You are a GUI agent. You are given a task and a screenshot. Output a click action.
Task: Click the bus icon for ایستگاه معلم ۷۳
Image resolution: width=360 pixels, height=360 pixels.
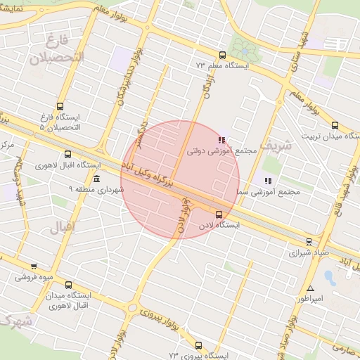[x=222, y=55]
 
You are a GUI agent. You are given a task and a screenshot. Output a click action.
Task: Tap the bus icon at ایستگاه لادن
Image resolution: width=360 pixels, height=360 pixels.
[x=219, y=214]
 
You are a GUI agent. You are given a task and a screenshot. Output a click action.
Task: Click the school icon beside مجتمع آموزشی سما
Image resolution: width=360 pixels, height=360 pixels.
[x=268, y=181]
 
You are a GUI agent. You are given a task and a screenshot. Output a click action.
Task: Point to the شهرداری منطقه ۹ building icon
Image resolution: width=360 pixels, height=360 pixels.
[x=96, y=180]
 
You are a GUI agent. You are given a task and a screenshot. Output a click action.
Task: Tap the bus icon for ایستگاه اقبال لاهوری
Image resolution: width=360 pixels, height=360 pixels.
[x=67, y=155]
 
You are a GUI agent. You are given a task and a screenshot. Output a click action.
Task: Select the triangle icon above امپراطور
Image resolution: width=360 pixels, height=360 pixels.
[x=310, y=288]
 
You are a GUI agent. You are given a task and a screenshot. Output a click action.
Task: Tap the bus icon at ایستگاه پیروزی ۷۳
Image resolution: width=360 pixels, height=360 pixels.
[x=198, y=345]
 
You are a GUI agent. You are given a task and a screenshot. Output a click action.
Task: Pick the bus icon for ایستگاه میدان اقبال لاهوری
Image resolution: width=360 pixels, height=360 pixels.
[x=68, y=285]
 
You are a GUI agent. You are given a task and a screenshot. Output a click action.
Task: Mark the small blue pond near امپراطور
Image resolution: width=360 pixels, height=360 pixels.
[x=330, y=277]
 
